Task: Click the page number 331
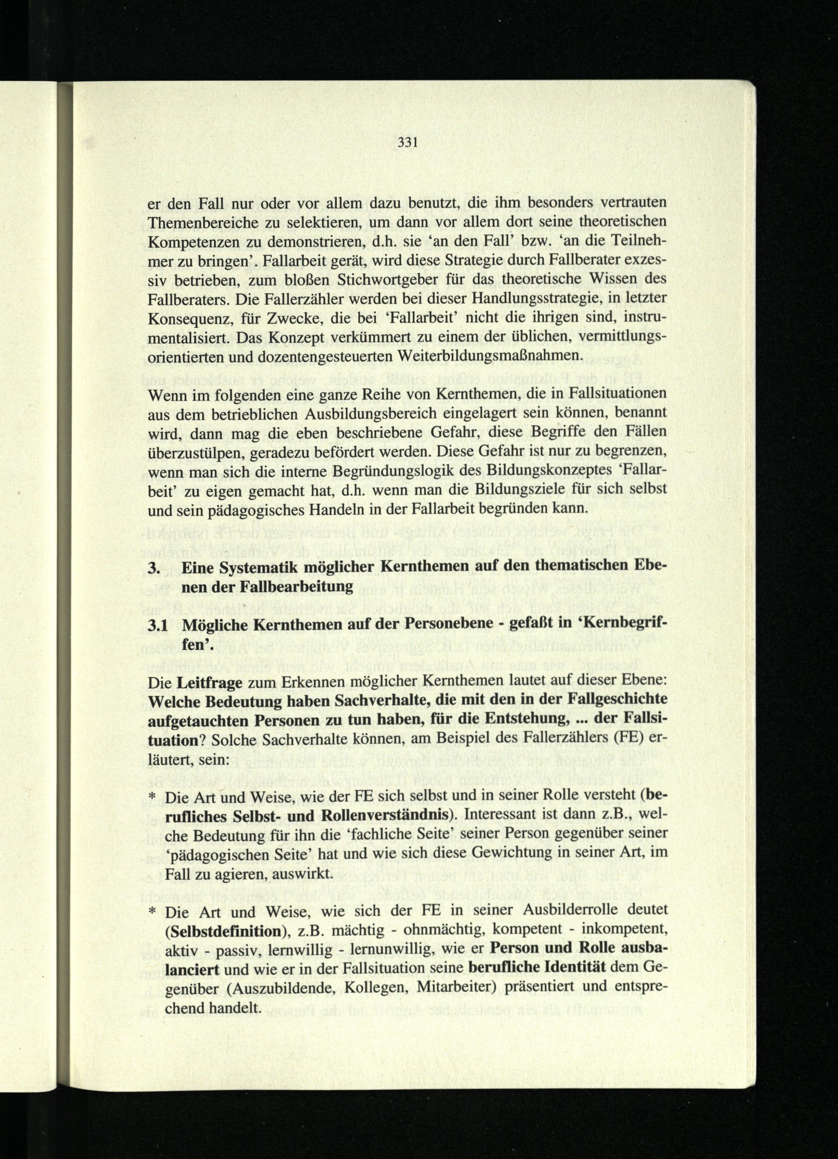(407, 143)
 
